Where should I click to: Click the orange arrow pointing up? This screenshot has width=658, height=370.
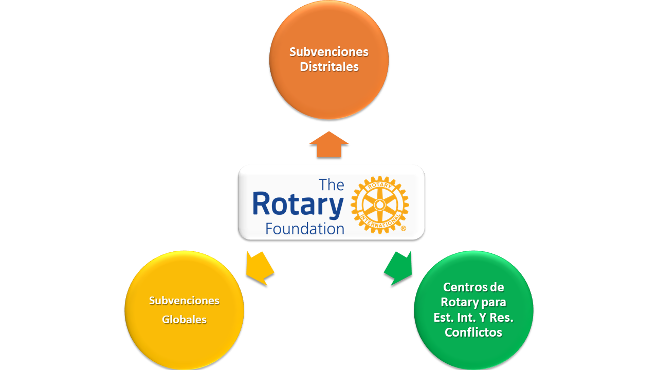(x=328, y=144)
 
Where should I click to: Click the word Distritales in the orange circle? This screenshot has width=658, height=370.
(x=329, y=67)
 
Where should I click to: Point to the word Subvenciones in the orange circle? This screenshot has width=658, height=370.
(x=328, y=52)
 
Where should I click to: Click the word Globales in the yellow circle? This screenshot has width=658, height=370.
(x=184, y=320)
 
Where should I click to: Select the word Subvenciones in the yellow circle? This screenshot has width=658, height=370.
(x=184, y=301)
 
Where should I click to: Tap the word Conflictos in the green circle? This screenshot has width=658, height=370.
(x=473, y=332)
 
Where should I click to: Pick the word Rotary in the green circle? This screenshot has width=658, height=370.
(x=459, y=303)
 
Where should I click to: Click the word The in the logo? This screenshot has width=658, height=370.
(x=332, y=184)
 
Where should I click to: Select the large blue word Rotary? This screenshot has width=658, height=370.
(x=298, y=205)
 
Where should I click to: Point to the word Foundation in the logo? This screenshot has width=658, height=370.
(x=305, y=229)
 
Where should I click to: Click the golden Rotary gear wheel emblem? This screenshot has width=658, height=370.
(x=380, y=205)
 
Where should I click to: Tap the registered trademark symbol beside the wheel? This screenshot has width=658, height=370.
(x=404, y=229)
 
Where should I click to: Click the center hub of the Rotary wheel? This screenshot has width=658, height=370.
(x=380, y=205)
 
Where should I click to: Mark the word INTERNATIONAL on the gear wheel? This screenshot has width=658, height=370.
(x=380, y=222)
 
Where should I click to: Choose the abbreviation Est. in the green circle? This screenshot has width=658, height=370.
(x=444, y=318)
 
